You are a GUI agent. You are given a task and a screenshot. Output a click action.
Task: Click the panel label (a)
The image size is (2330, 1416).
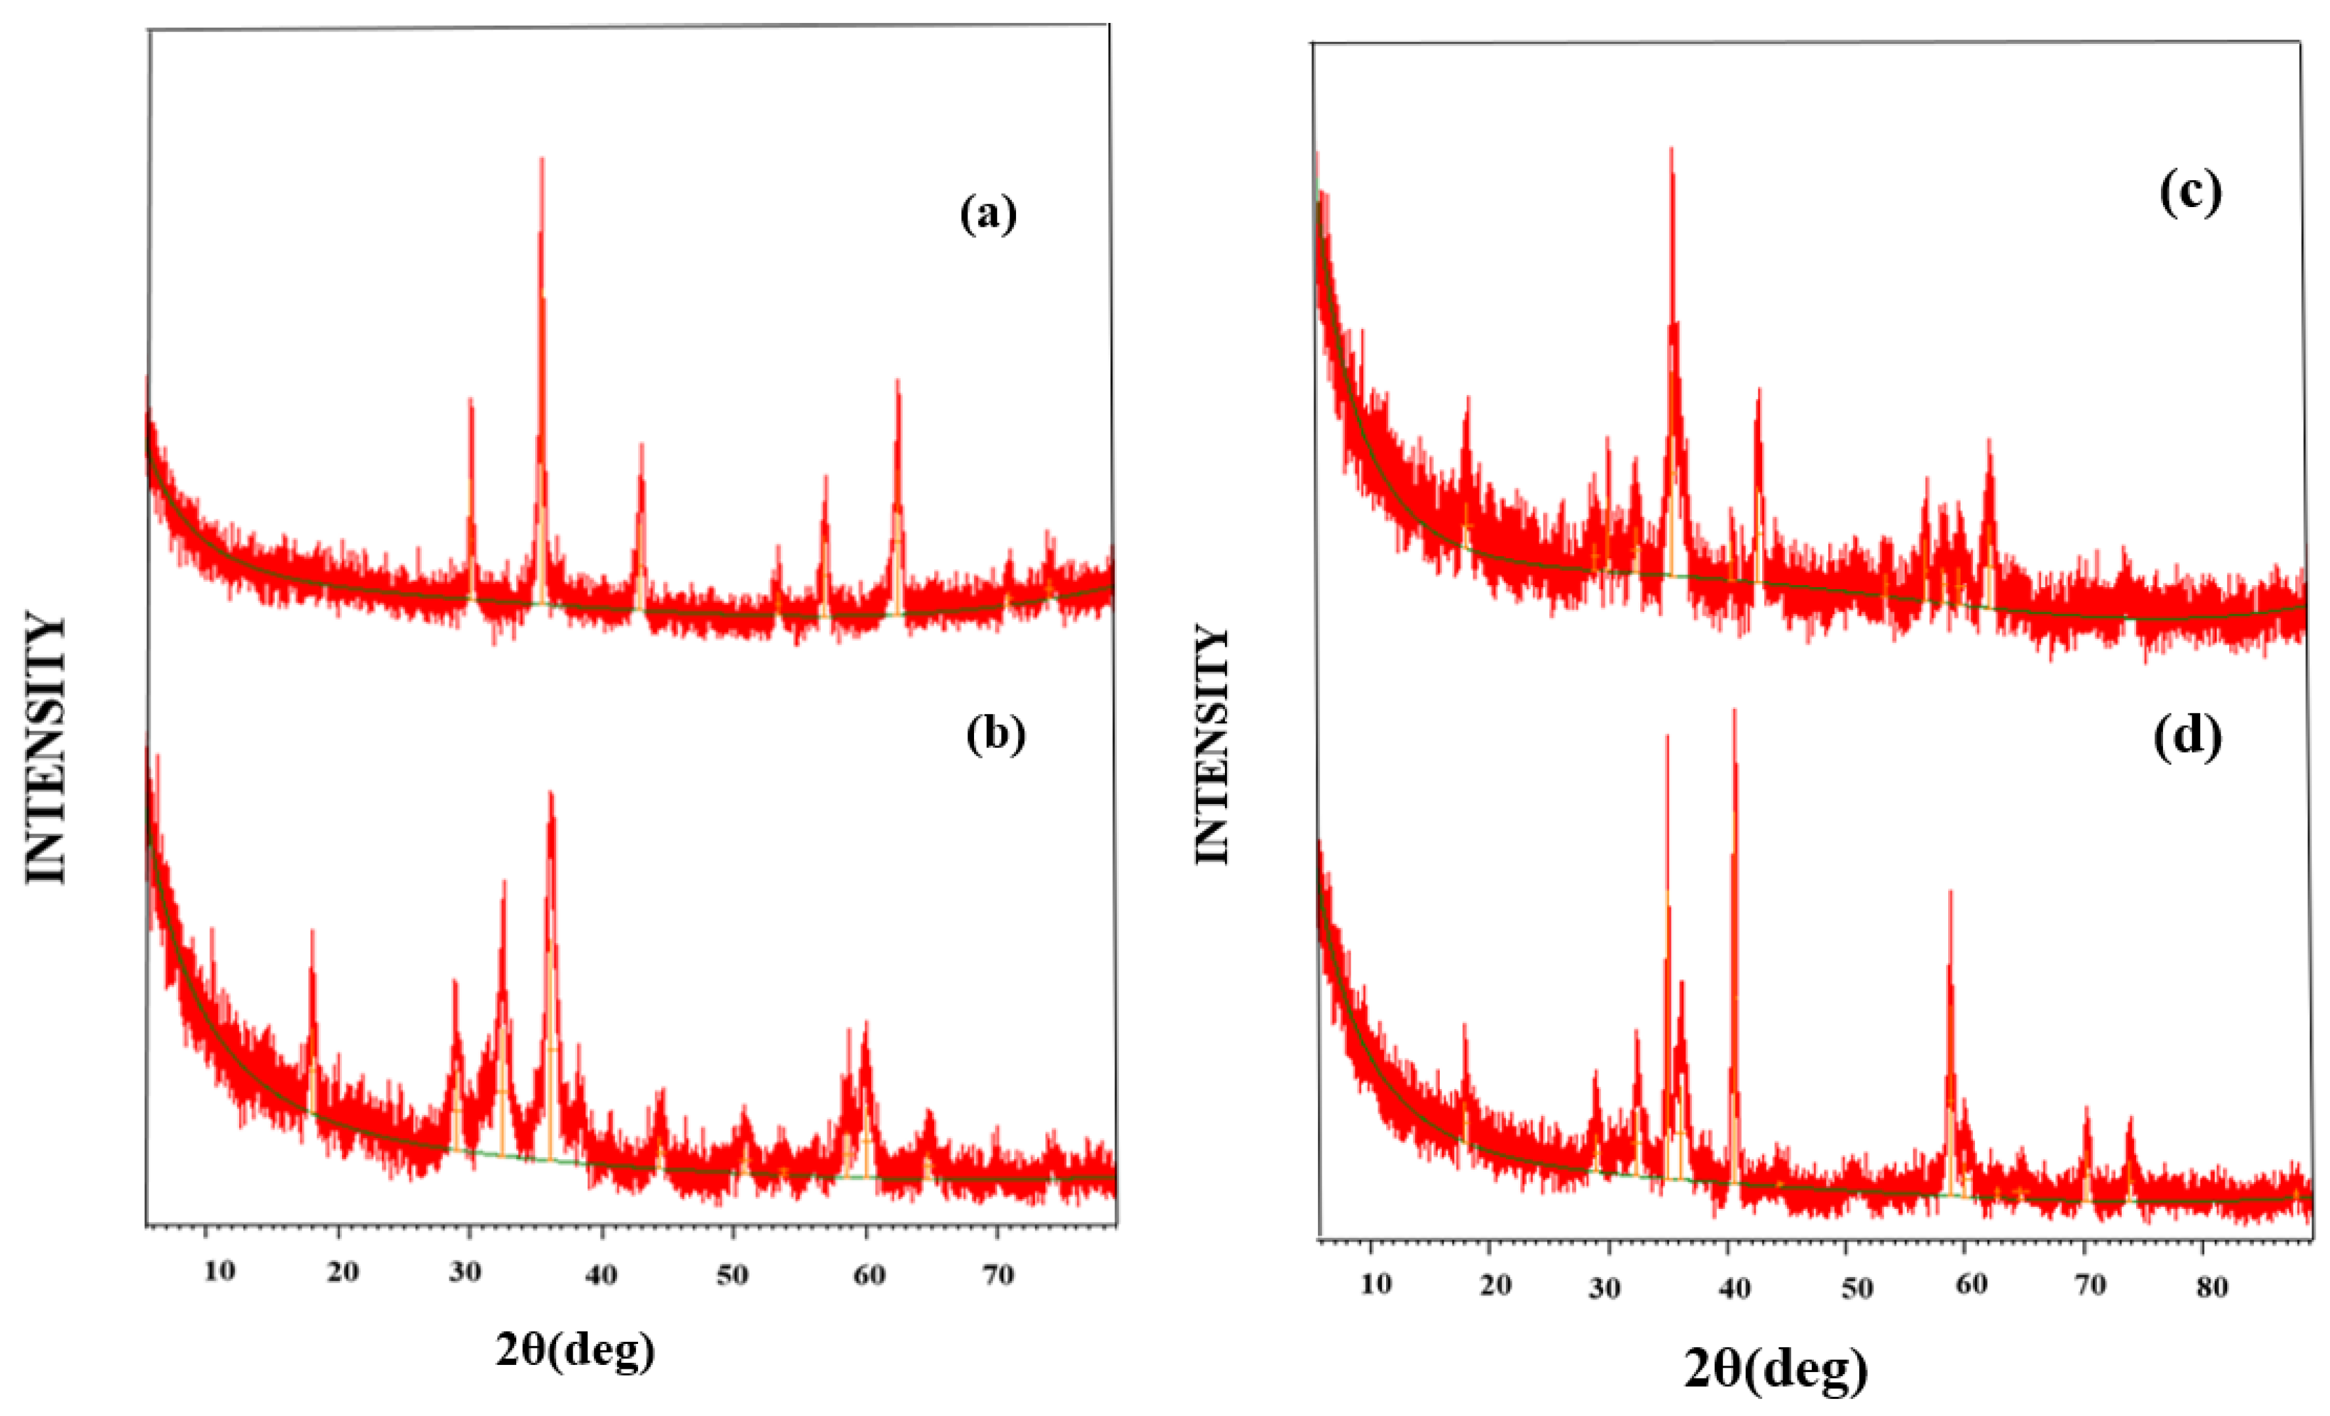coord(988,214)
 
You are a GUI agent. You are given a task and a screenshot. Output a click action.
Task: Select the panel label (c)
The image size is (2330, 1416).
coord(2190,193)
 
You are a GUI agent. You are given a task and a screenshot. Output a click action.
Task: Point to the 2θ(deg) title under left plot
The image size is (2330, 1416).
coord(575,1350)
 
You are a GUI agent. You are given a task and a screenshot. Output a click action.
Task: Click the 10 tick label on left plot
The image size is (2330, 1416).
coord(219,1271)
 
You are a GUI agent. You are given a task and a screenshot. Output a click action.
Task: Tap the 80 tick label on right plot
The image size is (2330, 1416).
coord(2212,1286)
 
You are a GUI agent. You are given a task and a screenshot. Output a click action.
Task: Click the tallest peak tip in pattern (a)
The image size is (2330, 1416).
coord(542,159)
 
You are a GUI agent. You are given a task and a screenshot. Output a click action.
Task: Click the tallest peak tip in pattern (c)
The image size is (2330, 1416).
coord(1672,149)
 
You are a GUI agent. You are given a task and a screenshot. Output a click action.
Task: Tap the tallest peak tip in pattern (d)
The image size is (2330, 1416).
coord(1735,710)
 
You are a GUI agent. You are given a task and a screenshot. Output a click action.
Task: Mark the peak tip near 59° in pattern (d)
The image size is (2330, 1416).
coord(1950,891)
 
